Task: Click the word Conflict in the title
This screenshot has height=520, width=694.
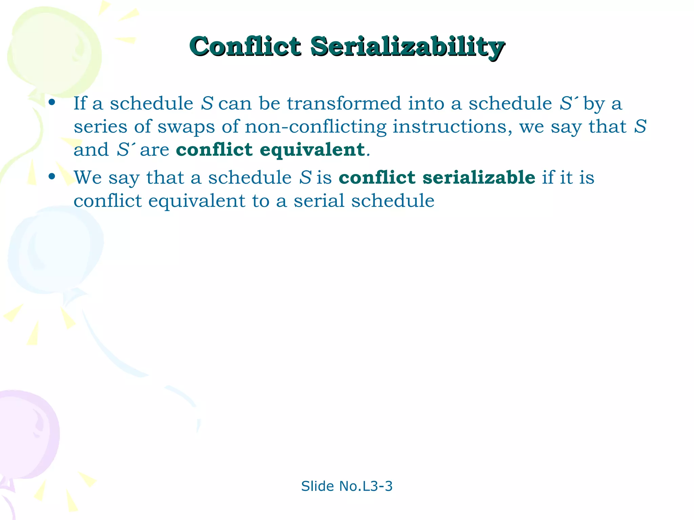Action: pos(245,46)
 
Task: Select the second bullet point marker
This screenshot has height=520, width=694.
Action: pos(52,176)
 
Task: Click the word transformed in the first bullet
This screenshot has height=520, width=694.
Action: pos(344,103)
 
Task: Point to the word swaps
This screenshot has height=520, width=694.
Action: pos(186,127)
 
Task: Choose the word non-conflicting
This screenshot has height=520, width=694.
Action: pos(315,127)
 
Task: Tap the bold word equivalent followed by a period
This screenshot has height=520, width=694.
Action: pos(312,150)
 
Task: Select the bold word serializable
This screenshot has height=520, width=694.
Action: pos(479,177)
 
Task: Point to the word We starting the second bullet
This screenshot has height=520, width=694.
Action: pos(88,177)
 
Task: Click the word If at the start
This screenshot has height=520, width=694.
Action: pos(80,103)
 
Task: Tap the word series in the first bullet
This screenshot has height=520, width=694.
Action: pos(100,127)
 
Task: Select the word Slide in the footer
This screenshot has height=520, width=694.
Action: pos(318,486)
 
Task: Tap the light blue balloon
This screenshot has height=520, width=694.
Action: pos(54,251)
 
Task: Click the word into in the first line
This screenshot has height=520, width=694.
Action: pos(426,103)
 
